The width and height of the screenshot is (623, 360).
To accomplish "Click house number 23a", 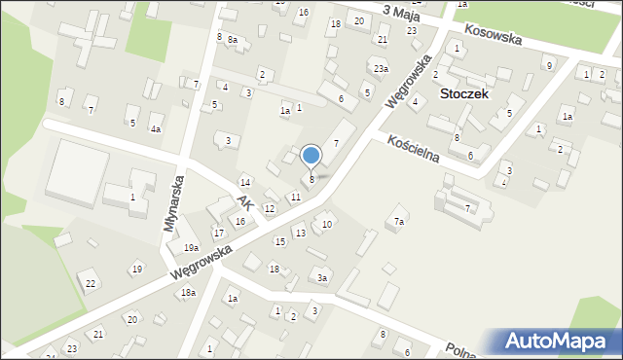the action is click(381, 69).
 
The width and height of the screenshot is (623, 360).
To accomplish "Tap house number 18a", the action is click(188, 292).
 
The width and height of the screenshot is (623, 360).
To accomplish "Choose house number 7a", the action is click(399, 222).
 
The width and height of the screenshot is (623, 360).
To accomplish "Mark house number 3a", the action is click(322, 278).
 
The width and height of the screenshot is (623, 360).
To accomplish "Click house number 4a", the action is click(155, 128).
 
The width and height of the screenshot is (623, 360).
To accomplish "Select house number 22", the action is click(91, 283).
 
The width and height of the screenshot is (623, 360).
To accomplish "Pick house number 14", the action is click(246, 183).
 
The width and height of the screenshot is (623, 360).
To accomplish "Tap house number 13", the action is click(300, 233).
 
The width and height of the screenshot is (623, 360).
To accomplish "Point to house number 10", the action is click(327, 225).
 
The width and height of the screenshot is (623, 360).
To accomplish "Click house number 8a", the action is click(233, 39).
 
